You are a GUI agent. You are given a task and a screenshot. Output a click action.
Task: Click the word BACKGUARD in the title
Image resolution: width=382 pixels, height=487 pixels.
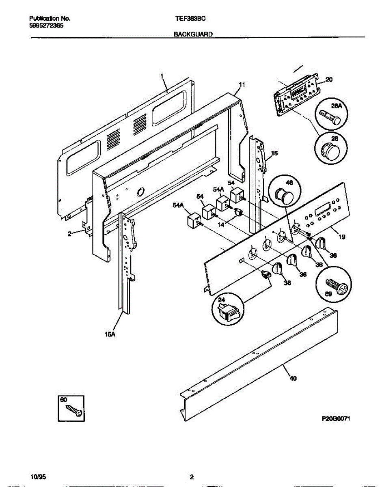click(193, 35)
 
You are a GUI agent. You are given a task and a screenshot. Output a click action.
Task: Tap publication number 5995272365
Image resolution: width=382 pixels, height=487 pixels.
click(46, 25)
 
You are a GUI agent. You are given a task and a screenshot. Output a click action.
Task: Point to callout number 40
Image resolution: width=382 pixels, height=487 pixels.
click(293, 379)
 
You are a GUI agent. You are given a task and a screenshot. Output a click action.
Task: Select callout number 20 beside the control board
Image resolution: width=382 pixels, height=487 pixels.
click(329, 80)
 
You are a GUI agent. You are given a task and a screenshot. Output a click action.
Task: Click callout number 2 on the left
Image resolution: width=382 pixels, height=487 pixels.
click(69, 233)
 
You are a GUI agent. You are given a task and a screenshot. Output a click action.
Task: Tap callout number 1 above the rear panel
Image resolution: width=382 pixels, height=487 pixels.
click(162, 76)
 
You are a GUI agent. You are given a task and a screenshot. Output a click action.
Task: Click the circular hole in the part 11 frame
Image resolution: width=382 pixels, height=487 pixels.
click(141, 191)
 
